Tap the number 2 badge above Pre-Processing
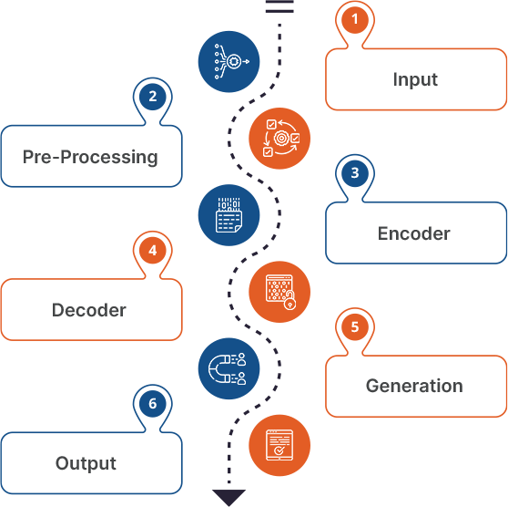pos(152,96)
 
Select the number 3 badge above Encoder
pos(354,171)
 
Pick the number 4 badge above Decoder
pos(152,249)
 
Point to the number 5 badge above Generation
pos(354,326)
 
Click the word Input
pos(415,79)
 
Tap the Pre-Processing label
pos(90,157)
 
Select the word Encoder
pos(414,233)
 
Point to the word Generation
pos(414,386)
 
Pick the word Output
pos(86,463)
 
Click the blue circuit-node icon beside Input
pos(229,61)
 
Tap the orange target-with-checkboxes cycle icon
pos(279,138)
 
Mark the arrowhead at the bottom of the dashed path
pos(229,497)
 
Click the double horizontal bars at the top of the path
pos(279,6)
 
